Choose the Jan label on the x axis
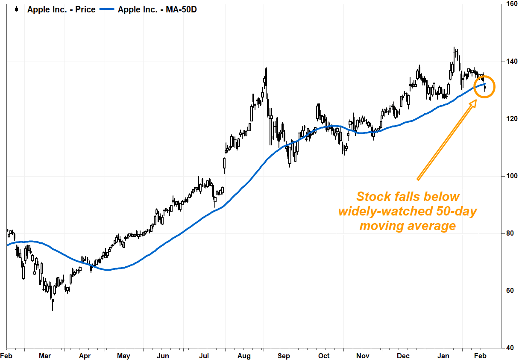[x=443, y=356]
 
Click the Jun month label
[x=163, y=356]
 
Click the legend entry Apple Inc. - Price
[x=61, y=9]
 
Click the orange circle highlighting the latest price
[x=485, y=86]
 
